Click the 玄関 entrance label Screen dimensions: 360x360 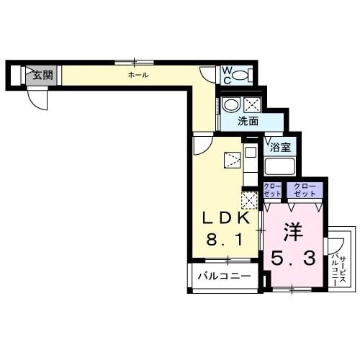42,73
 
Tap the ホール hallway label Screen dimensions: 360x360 139,75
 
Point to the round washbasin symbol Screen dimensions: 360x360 230,105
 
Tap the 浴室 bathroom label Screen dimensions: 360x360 281,147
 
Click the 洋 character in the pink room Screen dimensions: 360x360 292,232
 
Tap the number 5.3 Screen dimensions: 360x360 292,257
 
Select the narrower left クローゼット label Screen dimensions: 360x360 272,190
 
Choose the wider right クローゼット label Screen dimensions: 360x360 304,190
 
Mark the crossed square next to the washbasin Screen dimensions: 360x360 252,104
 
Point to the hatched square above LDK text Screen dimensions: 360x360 249,199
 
